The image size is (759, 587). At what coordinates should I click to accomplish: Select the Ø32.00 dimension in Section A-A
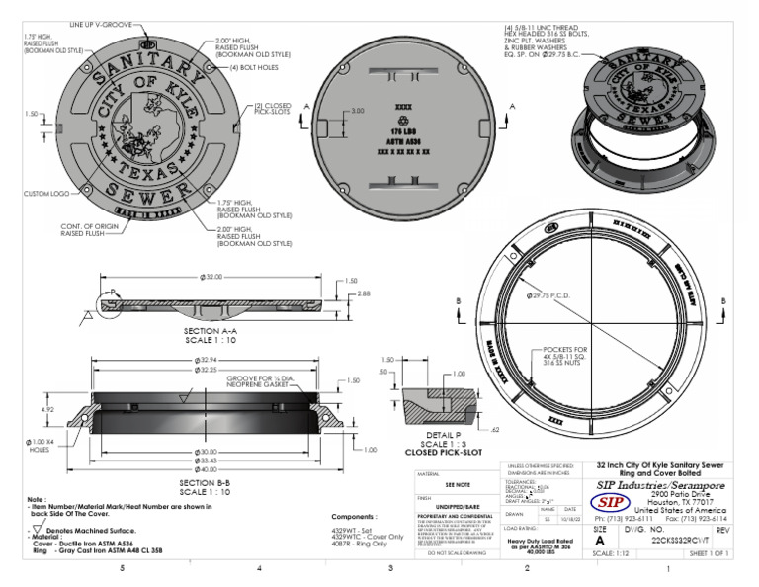point(210,278)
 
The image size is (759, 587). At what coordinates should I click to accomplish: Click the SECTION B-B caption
point(206,483)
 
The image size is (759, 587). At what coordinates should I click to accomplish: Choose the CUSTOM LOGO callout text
point(43,194)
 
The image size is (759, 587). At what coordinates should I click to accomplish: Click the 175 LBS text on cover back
point(401,130)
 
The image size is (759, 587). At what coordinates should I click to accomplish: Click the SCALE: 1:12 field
point(614,555)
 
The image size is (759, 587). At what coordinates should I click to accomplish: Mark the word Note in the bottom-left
point(37,499)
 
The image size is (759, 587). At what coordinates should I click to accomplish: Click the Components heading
point(356,516)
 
